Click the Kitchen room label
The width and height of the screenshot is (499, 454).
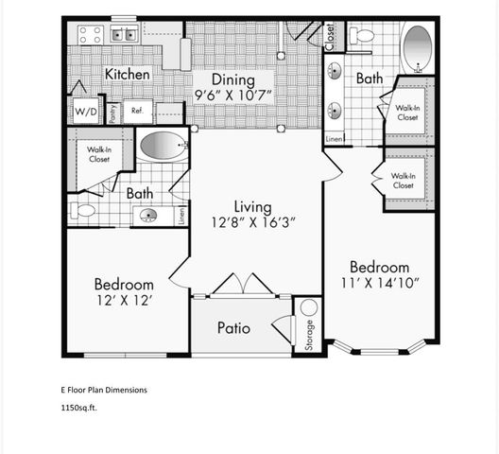128,74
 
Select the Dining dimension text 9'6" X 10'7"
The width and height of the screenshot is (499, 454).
234,95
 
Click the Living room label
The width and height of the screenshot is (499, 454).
253,207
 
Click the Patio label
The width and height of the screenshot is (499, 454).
233,328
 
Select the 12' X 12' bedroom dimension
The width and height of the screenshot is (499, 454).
123,302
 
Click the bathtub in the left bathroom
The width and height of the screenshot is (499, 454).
163,147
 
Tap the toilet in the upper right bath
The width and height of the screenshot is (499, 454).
361,37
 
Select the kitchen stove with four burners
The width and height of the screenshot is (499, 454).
90,36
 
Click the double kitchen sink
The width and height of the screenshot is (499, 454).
124,36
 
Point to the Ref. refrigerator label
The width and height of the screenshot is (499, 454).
136,111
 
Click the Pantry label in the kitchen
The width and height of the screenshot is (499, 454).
112,113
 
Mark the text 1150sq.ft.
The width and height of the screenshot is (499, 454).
78,409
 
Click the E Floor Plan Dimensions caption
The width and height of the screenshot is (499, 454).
104,389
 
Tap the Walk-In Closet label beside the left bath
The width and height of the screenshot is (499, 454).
99,154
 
